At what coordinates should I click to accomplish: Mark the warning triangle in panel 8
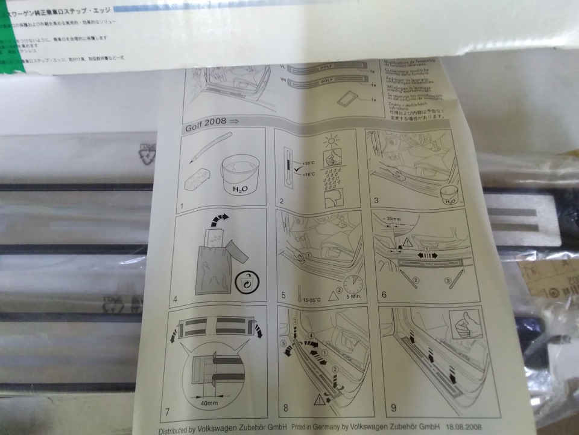[318, 397]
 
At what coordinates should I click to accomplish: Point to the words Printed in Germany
[314, 427]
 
